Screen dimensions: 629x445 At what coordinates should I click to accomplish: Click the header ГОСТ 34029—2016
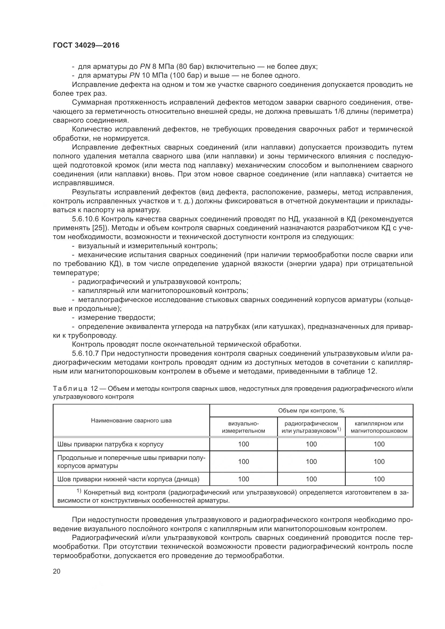click(86, 45)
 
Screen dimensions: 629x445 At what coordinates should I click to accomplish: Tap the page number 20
click(57, 571)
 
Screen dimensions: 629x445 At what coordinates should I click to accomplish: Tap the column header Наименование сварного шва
click(131, 421)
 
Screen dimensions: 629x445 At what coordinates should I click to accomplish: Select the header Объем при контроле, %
click(311, 410)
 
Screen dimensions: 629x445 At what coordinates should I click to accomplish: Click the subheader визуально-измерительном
click(243, 427)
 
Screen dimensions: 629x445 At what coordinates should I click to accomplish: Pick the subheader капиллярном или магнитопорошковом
click(379, 427)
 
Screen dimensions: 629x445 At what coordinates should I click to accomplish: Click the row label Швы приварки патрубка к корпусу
click(110, 444)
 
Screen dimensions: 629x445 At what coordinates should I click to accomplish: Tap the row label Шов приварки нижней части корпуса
click(128, 479)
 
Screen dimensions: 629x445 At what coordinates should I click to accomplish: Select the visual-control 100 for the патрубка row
click(243, 444)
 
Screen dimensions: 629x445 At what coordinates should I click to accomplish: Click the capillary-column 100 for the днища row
click(379, 479)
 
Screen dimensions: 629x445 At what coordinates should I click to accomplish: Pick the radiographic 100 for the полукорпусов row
click(311, 462)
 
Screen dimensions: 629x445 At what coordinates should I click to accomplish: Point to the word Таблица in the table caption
click(70, 389)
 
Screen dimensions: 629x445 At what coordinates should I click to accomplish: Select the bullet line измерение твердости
click(116, 318)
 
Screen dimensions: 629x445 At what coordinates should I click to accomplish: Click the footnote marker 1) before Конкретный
click(79, 491)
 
